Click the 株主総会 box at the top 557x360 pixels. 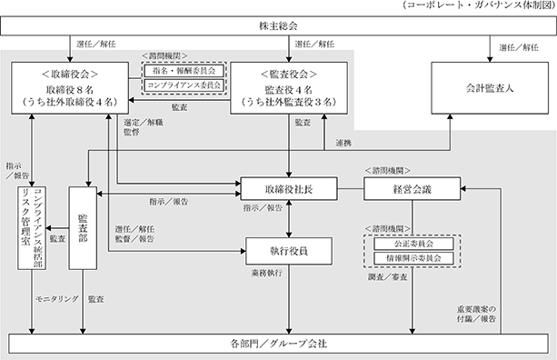pos(278,25)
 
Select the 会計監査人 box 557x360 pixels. pos(490,88)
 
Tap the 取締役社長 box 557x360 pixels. pos(289,189)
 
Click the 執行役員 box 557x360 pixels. pos(289,251)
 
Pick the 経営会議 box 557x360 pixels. pos(412,189)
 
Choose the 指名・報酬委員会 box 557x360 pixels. pos(184,70)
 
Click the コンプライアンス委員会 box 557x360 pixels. pos(184,85)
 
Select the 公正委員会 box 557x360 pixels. pos(413,244)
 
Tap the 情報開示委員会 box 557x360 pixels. pos(413,258)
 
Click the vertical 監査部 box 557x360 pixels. pos(83,228)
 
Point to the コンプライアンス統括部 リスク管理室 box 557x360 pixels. pos(32,228)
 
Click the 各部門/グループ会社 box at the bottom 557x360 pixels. pos(278,344)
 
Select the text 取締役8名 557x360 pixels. pos(70,90)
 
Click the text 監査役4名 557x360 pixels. pos(288,90)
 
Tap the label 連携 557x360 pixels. pos(343,143)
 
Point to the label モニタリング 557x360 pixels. pos(57,299)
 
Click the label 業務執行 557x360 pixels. pos(267,273)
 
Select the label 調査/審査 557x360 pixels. pos(388,277)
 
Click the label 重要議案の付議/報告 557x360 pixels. pos(476,315)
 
